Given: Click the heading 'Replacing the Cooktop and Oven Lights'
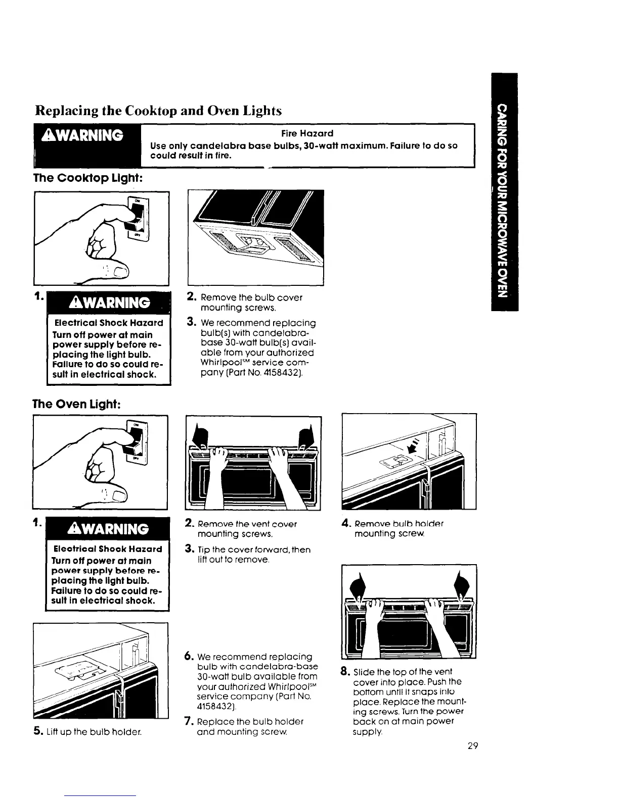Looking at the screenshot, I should click(x=157, y=110).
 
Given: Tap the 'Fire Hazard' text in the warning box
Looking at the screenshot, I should click(x=307, y=133).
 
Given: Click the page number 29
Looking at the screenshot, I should click(x=472, y=746).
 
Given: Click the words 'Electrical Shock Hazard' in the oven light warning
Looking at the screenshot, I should click(x=108, y=549).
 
